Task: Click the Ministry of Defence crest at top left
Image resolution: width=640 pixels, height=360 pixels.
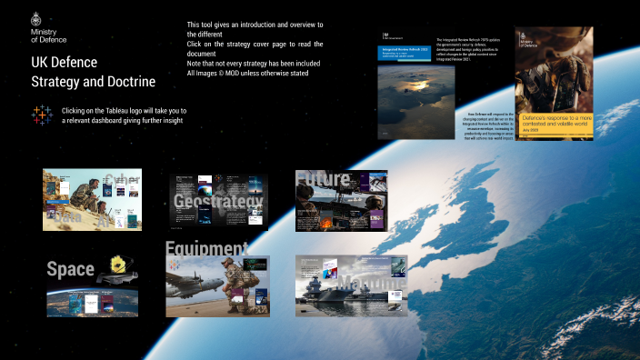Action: [36, 18]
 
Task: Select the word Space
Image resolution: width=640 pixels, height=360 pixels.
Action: [71, 269]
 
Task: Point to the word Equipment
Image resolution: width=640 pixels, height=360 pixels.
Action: [206, 249]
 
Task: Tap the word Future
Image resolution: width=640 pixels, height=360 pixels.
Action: [323, 179]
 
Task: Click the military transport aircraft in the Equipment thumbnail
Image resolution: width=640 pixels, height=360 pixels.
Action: [195, 275]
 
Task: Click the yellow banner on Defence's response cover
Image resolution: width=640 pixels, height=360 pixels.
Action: [554, 122]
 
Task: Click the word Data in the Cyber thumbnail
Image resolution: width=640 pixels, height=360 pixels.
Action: [65, 219]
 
